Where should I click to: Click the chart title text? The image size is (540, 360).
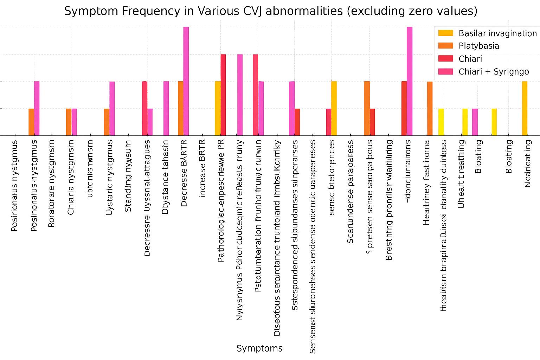pos(270,11)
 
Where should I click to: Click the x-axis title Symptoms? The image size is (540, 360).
pos(259,348)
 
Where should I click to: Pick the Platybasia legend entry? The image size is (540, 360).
pos(478,46)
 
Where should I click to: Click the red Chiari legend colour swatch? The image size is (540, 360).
pos(445,59)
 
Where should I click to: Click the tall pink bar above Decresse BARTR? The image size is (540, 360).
pos(186,81)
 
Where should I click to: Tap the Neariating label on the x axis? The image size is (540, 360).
pos(527,163)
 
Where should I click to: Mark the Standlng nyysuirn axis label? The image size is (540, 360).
pos(128,176)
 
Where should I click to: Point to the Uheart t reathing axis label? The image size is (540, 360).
pos(461,174)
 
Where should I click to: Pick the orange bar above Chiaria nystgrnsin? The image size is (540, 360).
pos(69,122)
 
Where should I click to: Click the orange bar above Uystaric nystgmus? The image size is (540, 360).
pos(107,122)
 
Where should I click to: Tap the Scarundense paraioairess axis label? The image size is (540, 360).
pos(350,192)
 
